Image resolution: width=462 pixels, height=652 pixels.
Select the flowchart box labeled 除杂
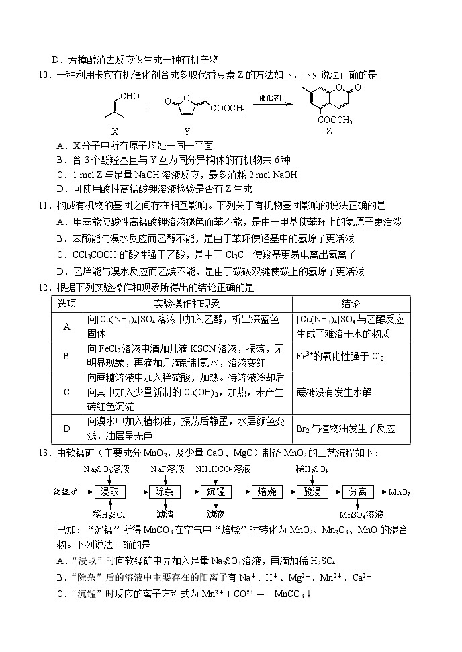[x=165, y=492]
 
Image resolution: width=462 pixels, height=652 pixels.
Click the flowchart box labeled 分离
[x=358, y=492]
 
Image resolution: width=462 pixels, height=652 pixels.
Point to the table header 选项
[x=66, y=304]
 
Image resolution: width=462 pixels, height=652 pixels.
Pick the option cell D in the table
[x=66, y=428]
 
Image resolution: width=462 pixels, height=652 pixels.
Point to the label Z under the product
[x=328, y=132]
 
